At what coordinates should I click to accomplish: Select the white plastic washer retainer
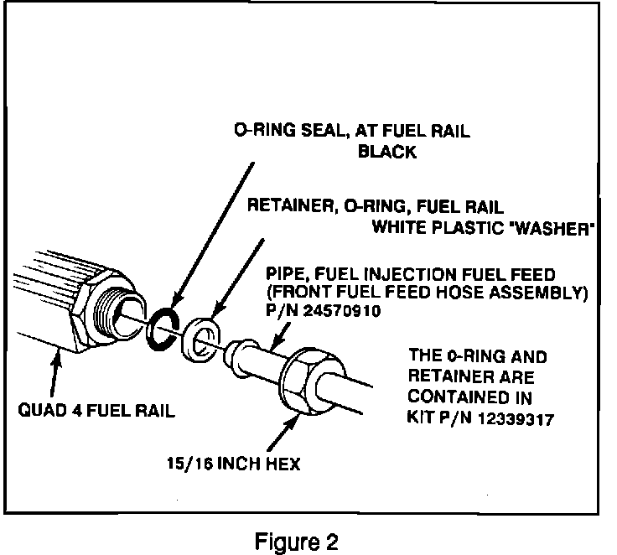click(x=200, y=339)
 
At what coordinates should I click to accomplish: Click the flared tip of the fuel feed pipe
click(x=234, y=355)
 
